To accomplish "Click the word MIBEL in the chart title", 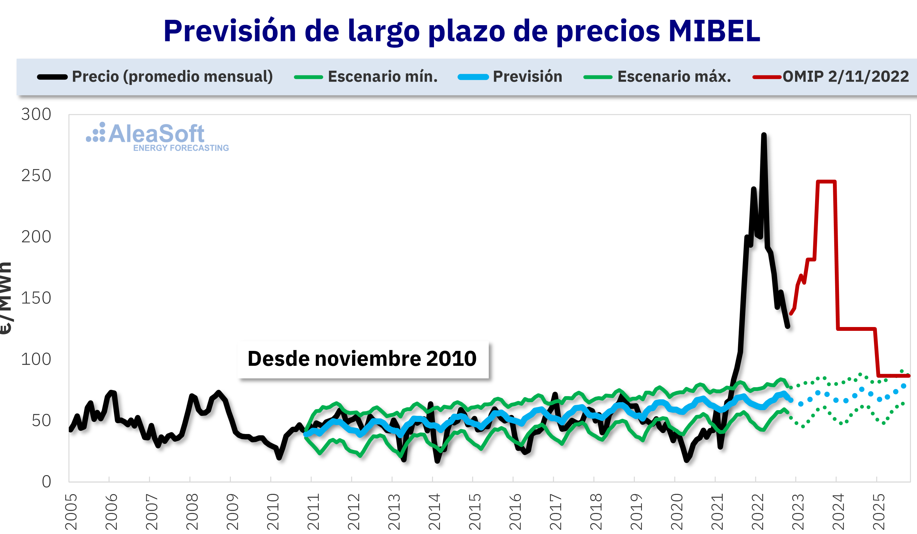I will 714,31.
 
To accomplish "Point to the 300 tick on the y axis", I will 36,115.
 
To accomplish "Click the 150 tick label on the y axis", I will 36,298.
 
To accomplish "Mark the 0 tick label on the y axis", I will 46,481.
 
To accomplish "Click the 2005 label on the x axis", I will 71,511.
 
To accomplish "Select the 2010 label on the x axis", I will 273,511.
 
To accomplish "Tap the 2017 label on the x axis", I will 556,511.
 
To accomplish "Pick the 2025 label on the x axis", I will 879,511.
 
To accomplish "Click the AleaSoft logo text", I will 156,134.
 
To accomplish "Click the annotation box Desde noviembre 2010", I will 362,359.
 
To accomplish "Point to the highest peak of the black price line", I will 764,135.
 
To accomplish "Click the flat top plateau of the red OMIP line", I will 826,182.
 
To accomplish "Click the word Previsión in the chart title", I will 230,31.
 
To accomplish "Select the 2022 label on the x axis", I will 757,511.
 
